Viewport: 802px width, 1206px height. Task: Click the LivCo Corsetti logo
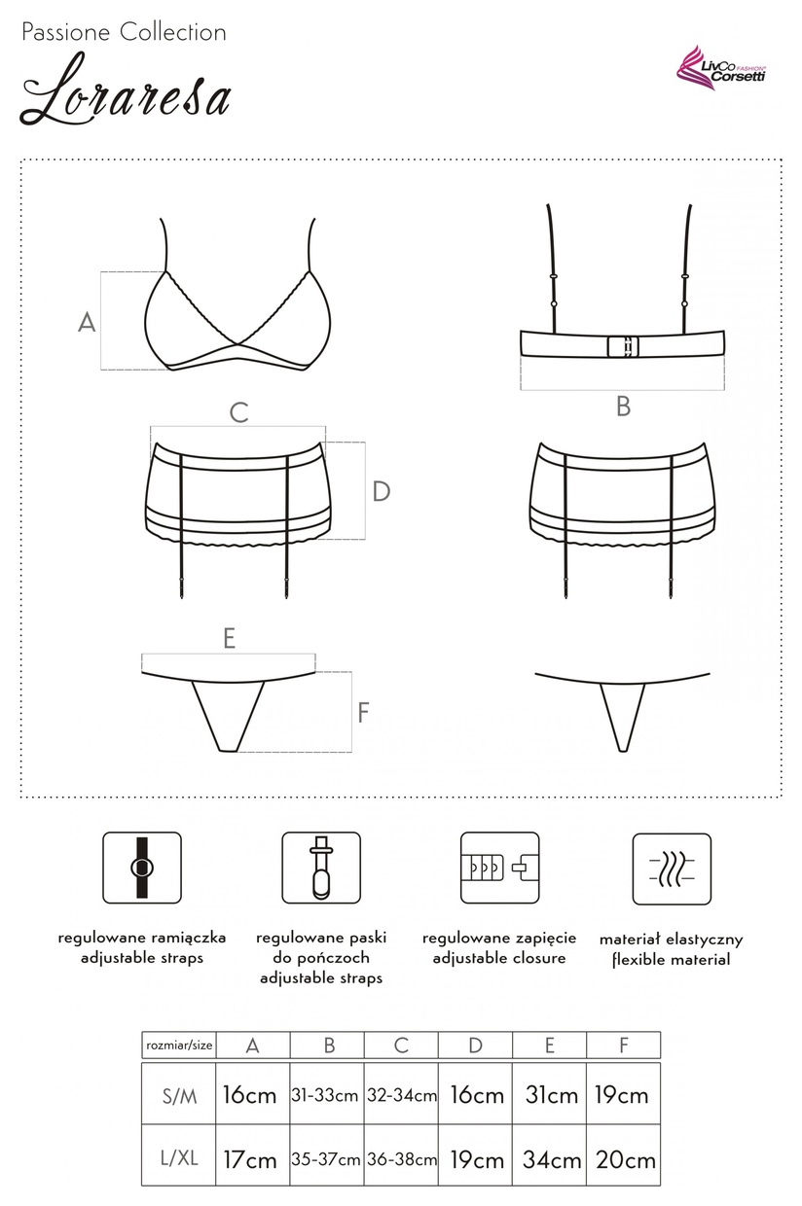pos(721,67)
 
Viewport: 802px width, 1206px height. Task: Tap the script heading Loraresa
pos(126,89)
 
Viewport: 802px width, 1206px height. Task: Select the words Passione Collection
pos(124,33)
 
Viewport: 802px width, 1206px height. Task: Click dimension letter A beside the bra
pos(87,323)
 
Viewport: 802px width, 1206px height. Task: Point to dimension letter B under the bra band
pos(623,407)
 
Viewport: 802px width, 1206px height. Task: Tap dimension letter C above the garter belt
pos(238,413)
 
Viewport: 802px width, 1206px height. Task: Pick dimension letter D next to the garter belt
pos(382,491)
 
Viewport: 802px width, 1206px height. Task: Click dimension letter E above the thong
pos(230,639)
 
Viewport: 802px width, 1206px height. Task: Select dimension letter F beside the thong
pos(364,712)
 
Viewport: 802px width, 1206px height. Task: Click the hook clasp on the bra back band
pos(623,346)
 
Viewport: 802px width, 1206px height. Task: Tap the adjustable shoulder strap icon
pos(142,868)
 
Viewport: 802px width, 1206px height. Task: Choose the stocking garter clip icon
pos(321,868)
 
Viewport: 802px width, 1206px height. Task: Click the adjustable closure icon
pos(500,868)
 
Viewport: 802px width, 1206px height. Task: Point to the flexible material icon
pos(672,869)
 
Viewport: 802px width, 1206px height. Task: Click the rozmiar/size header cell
pos(179,1046)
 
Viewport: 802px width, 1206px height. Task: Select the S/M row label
pos(179,1096)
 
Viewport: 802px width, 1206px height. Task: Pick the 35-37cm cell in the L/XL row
pos(326,1158)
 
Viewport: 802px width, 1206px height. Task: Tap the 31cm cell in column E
pos(552,1095)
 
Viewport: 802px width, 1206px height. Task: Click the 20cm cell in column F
pos(625,1158)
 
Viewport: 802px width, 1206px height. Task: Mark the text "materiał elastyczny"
pos(672,940)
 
